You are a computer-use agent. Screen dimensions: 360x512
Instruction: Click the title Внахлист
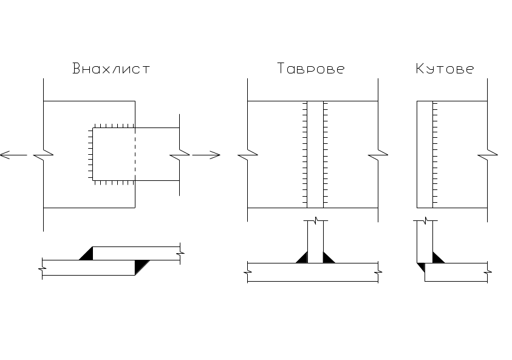(x=111, y=69)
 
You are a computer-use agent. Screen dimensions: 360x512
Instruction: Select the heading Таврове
(x=311, y=69)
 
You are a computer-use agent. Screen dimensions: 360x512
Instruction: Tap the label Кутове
(x=445, y=69)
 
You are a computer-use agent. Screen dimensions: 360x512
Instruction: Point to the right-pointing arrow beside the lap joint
(x=213, y=155)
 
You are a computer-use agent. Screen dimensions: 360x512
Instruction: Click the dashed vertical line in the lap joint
(x=135, y=154)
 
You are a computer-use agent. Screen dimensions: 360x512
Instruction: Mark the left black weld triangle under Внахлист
(x=87, y=254)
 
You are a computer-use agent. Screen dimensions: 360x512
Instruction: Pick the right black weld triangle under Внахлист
(x=141, y=265)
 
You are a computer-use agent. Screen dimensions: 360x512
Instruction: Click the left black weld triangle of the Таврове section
(x=302, y=257)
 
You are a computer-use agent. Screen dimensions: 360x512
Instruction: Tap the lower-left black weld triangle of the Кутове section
(x=420, y=267)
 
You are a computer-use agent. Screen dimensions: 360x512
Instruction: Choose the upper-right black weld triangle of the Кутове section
(x=437, y=258)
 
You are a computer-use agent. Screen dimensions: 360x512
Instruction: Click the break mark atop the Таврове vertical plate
(x=315, y=221)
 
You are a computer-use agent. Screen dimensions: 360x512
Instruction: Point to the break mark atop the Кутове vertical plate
(x=424, y=220)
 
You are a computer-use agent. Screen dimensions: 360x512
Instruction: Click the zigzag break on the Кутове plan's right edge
(x=487, y=154)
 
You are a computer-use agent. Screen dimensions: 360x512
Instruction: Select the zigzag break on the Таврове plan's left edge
(x=248, y=154)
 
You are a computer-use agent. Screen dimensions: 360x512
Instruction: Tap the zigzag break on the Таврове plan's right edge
(x=378, y=154)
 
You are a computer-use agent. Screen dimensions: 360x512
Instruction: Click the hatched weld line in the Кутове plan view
(x=434, y=154)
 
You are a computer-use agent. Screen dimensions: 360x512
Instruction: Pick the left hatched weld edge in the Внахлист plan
(x=91, y=154)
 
